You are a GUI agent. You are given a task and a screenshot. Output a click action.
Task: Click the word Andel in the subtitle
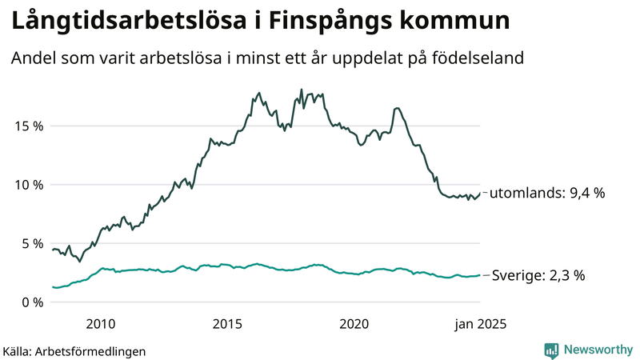point(32,58)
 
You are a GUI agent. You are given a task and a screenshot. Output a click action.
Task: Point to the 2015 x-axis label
point(227,324)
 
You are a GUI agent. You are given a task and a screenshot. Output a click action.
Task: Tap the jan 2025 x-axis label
point(481,324)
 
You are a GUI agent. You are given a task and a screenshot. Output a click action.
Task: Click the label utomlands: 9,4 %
point(547,193)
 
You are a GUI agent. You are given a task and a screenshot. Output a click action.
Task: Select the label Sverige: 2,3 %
point(538,275)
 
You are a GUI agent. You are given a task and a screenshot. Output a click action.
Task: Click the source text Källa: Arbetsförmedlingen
point(74,350)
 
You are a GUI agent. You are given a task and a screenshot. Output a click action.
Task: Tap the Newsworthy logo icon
point(551,350)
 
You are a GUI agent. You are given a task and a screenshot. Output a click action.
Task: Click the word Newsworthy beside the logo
point(597,350)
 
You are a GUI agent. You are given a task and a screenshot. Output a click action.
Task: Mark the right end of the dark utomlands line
point(480,193)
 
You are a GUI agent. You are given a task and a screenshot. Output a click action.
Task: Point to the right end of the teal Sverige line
point(480,275)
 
